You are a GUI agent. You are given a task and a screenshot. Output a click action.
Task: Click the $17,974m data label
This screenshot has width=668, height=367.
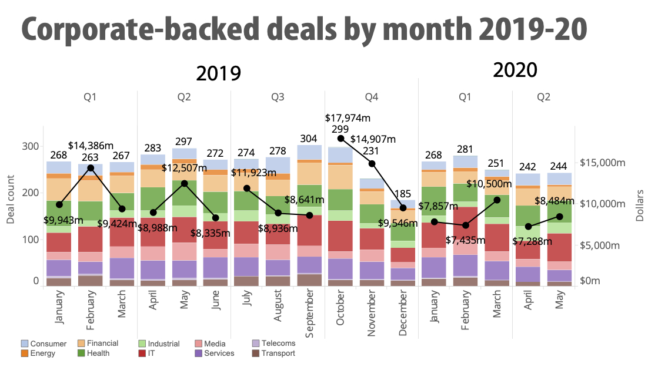point(348,118)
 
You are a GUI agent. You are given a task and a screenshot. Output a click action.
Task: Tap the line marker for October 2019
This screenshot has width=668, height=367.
point(340,138)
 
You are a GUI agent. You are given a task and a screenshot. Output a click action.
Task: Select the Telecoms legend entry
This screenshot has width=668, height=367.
point(273,344)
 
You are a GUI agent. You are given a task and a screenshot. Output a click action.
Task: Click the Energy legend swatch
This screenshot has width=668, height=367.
point(25,353)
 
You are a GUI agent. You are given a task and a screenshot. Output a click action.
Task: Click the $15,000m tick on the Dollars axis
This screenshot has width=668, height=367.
point(602,163)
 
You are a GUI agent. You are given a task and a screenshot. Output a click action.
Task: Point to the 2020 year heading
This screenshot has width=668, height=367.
point(515,70)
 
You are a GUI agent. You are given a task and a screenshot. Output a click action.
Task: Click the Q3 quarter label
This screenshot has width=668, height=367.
point(278,97)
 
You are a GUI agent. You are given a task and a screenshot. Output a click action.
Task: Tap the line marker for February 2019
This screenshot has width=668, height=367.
point(91,168)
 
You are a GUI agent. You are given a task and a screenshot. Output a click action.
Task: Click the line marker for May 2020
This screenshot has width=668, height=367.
point(559,217)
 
